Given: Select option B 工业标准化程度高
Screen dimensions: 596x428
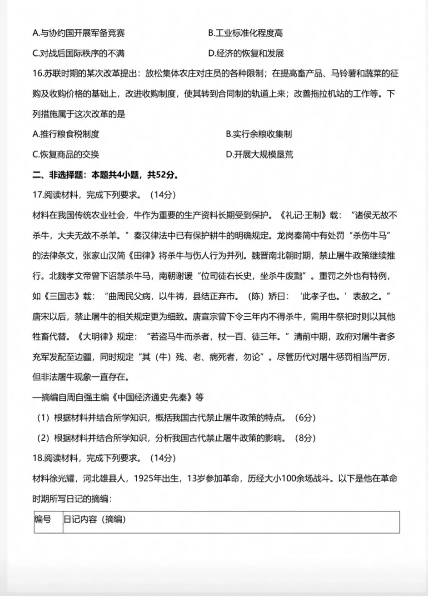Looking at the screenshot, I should coord(245,33).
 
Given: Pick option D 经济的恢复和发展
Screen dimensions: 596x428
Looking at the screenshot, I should coord(246,53).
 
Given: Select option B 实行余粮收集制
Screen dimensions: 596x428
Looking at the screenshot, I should coord(259,134).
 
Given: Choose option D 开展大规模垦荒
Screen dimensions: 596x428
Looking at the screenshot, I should coord(259,155).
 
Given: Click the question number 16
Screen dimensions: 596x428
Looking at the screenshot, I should coord(37,74).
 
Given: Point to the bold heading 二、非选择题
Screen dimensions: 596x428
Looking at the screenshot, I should coord(58,175).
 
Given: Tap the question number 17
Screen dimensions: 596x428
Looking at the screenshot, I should coord(37,195).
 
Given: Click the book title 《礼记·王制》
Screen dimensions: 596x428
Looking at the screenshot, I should coord(302,215).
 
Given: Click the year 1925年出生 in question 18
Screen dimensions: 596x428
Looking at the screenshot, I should coord(156,479).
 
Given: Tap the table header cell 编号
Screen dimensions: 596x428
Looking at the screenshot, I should coord(43,519).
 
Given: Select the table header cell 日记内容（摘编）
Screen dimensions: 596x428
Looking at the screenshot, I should coord(95,519).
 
